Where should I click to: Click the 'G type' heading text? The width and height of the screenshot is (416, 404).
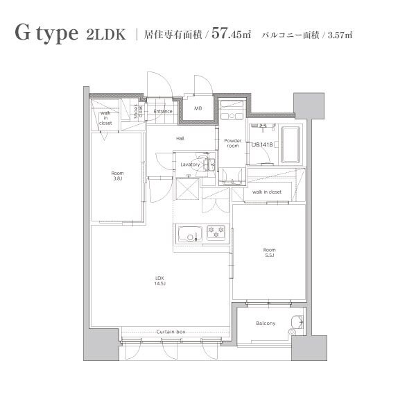pos(45,35)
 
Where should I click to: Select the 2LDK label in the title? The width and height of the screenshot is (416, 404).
pos(106,35)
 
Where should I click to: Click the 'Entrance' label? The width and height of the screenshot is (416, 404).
pos(163,111)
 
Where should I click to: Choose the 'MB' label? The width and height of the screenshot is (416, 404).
pos(198,108)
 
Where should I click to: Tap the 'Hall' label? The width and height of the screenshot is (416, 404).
pos(180,139)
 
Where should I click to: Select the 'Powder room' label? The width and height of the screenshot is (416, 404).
pos(232,143)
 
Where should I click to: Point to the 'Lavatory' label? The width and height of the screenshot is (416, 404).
pos(190,165)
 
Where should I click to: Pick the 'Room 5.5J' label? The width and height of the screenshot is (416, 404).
pos(269,253)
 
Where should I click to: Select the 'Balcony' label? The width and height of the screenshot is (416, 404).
pos(266,323)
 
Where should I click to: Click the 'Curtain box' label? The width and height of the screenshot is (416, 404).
pos(171,333)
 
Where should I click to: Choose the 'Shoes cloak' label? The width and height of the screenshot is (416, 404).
pos(138,112)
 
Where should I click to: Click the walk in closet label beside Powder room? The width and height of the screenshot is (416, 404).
pos(267,192)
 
